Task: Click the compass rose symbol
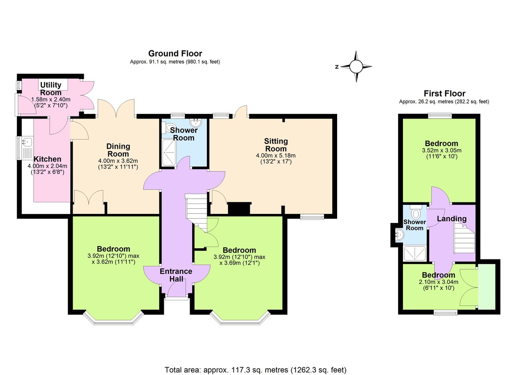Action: (x=356, y=67)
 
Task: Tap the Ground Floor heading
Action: (x=175, y=54)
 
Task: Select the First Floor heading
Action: (x=444, y=94)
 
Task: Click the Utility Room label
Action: (x=51, y=88)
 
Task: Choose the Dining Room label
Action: (x=118, y=150)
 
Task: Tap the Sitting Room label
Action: (x=276, y=145)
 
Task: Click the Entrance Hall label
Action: (x=176, y=275)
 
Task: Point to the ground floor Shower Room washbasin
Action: (x=196, y=122)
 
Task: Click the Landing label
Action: (x=451, y=219)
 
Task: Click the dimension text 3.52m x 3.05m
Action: (x=441, y=150)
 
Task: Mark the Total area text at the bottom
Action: (x=255, y=369)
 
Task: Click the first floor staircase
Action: (x=464, y=241)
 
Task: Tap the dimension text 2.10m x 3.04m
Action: (x=438, y=282)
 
